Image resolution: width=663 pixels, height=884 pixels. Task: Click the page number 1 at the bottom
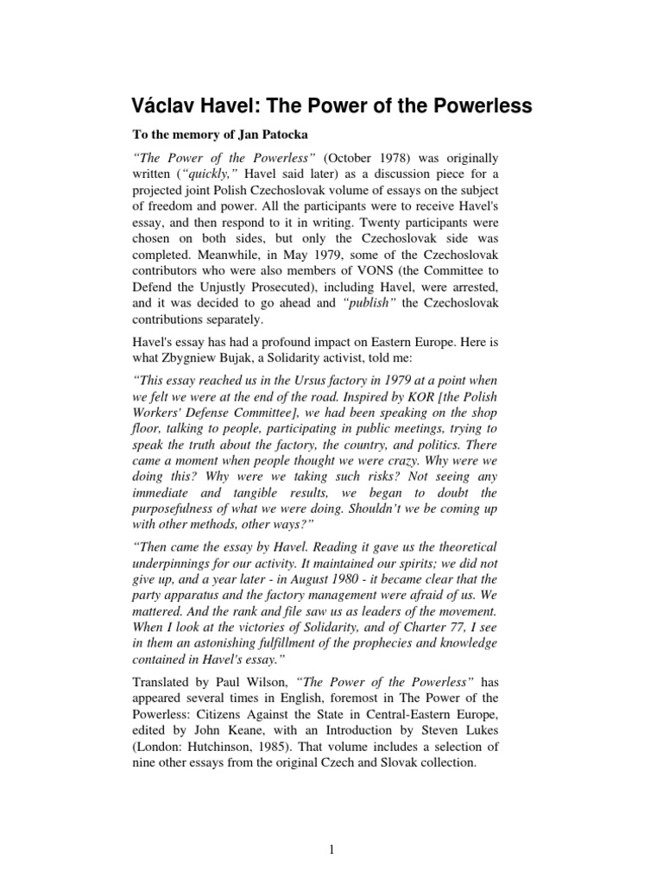pyautogui.click(x=331, y=849)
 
